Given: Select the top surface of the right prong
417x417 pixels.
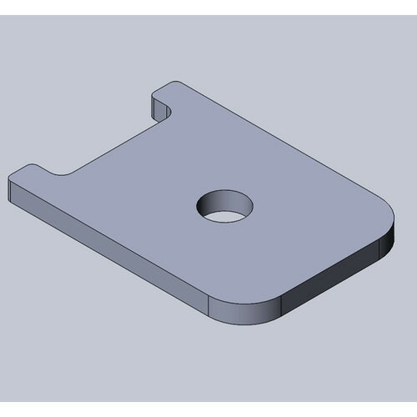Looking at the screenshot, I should coord(175,92).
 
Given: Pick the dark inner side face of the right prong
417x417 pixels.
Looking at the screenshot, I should coord(158,107).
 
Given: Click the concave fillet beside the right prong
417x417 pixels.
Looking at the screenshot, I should coord(167,117).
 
